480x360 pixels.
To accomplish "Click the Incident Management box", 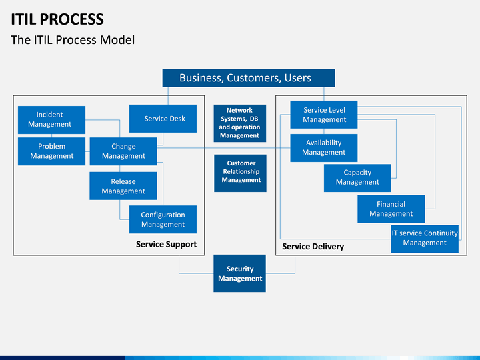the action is point(51,120).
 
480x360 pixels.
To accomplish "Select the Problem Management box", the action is point(51,151).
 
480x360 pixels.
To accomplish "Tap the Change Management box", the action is point(123,151).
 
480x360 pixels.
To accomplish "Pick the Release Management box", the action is point(123,186).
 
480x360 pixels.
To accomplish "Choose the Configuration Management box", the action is point(163,219).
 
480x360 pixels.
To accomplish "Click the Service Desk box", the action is point(163,119).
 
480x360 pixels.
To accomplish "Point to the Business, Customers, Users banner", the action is point(249,78).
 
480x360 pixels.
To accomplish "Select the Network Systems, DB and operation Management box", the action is point(240,123).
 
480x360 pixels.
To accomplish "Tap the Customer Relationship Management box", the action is point(240,173).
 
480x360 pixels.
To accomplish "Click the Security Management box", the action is point(240,273).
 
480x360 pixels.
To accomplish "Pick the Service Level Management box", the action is point(324,115).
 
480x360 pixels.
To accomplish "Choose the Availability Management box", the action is point(324,148).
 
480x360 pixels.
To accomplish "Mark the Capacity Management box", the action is point(357,178).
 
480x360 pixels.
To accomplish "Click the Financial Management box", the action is point(391,209).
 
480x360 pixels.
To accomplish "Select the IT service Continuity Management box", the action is point(425,239).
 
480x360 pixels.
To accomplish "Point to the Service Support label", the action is point(166,244).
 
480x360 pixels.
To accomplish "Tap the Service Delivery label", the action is point(313,247).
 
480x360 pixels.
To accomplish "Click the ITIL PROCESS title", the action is point(57,19).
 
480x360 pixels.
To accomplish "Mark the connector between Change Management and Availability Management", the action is point(223,148).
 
